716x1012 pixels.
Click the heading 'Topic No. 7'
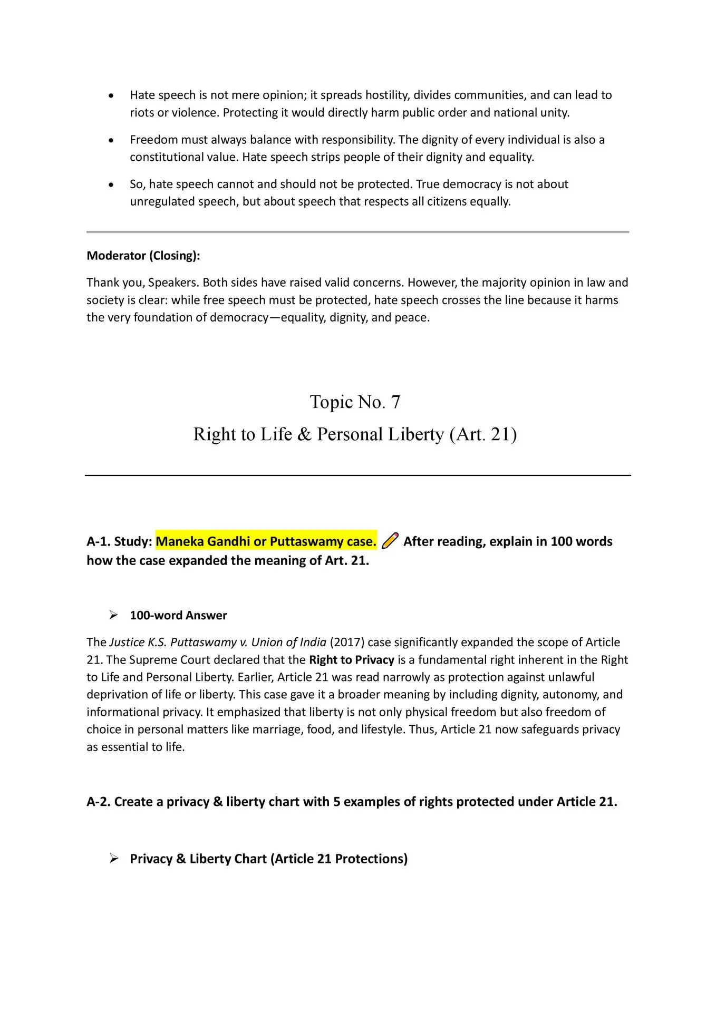[x=355, y=402]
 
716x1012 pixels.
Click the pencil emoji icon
[x=390, y=541]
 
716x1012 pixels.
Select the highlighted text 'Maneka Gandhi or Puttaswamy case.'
[x=266, y=541]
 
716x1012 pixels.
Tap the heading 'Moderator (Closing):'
[x=143, y=256]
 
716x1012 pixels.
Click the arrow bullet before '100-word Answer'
[x=113, y=615]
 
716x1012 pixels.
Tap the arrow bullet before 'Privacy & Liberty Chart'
[x=113, y=859]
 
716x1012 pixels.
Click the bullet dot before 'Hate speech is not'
[x=111, y=96]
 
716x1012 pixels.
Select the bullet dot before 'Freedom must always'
[x=111, y=140]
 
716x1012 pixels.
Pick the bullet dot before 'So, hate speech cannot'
[x=111, y=185]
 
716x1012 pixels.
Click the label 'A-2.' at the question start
[x=99, y=802]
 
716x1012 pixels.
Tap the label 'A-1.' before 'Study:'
[x=99, y=541]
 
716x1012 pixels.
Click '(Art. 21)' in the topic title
[x=483, y=434]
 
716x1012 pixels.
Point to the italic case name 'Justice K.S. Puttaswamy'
[x=173, y=642]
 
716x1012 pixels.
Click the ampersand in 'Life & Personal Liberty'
[x=304, y=434]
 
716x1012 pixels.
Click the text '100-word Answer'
[x=178, y=615]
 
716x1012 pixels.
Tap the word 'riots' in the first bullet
[x=142, y=113]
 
